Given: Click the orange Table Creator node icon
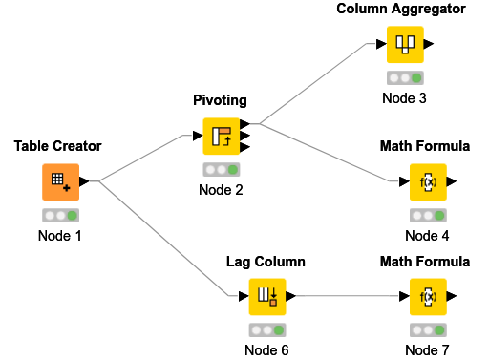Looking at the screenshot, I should (58, 180).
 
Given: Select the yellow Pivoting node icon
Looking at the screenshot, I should (221, 136).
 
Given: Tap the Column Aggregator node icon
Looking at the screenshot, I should (405, 44).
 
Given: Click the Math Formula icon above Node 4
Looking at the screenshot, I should (428, 180).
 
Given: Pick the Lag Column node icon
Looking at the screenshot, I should (267, 296).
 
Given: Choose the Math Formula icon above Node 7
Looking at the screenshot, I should (428, 296).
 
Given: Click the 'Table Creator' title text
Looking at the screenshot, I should (57, 146).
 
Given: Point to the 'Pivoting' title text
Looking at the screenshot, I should (221, 100).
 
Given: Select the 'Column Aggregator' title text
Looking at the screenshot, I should (401, 9).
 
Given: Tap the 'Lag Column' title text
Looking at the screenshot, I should (266, 261).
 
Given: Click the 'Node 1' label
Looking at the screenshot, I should (58, 235).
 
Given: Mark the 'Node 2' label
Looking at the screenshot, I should (221, 189).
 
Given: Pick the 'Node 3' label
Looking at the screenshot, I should (405, 97).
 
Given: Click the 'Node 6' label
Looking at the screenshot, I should (266, 349).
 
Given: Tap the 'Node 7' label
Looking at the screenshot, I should (428, 349).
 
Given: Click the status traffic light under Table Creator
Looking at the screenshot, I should (58, 216).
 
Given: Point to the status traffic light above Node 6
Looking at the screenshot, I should (266, 330).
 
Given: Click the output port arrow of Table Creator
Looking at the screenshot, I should (84, 180).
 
